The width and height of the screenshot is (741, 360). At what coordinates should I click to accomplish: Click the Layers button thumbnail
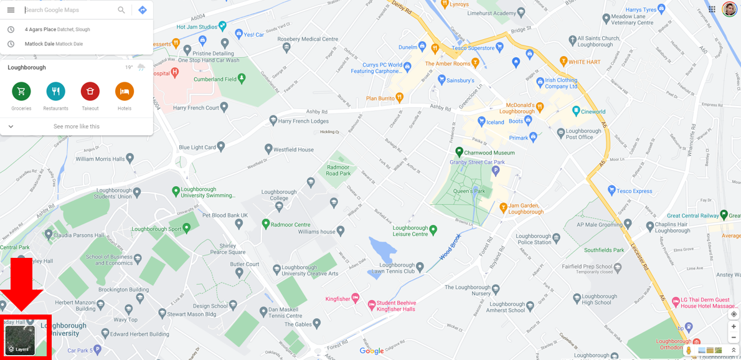tap(20, 339)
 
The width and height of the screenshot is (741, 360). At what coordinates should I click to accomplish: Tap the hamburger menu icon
tap(11, 10)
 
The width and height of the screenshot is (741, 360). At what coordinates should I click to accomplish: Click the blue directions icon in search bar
tap(143, 10)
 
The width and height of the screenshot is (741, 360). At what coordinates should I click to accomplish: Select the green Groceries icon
tap(21, 92)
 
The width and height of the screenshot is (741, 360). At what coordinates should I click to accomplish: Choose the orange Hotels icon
tap(125, 92)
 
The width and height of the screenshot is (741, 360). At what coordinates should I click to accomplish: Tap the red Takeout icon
tap(90, 92)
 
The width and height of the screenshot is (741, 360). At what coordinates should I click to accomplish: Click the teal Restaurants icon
tap(55, 92)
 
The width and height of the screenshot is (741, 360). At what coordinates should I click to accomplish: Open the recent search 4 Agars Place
tap(57, 29)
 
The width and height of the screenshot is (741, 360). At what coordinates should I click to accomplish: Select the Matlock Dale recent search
tap(54, 44)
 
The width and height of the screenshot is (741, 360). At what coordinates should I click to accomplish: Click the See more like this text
tap(77, 126)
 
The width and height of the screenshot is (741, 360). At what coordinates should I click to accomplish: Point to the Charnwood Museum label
tap(490, 153)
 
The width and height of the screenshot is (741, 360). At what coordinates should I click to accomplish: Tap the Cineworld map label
tap(593, 112)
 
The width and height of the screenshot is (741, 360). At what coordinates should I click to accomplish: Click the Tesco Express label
tap(635, 191)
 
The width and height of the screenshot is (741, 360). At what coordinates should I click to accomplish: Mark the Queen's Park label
tap(469, 191)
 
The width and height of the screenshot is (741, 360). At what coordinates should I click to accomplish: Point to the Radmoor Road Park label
tap(339, 170)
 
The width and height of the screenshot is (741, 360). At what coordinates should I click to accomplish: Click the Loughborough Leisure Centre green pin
tap(433, 229)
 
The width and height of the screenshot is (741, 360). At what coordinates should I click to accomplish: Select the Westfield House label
tap(293, 149)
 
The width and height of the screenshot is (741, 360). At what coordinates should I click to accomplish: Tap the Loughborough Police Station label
tap(534, 239)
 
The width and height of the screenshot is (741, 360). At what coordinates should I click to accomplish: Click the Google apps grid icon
tap(712, 9)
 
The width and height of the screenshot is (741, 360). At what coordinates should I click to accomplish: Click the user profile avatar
tap(730, 9)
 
